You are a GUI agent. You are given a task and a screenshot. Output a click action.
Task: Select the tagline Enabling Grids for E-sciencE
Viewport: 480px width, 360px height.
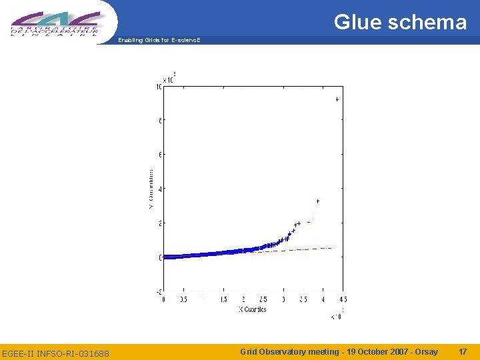(x=159, y=41)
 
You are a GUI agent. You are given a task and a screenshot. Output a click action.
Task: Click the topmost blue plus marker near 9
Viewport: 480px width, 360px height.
(x=337, y=99)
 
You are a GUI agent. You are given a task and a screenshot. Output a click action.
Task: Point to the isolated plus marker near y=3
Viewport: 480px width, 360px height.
(x=318, y=201)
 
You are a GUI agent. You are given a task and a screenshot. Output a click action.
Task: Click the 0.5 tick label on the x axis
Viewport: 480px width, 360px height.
(x=183, y=300)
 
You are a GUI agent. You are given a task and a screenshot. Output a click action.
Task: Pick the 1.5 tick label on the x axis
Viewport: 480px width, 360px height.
(x=223, y=300)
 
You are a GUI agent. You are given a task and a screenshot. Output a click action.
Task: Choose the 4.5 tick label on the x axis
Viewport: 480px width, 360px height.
(x=343, y=300)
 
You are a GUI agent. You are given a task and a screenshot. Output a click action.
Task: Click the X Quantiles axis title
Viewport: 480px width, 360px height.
(x=253, y=309)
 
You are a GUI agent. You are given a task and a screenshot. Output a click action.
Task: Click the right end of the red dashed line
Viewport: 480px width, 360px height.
(x=331, y=248)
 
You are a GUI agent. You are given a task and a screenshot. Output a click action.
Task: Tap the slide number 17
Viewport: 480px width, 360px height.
(x=463, y=351)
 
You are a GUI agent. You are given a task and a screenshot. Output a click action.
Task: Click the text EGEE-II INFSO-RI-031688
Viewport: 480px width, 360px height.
(x=55, y=353)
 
